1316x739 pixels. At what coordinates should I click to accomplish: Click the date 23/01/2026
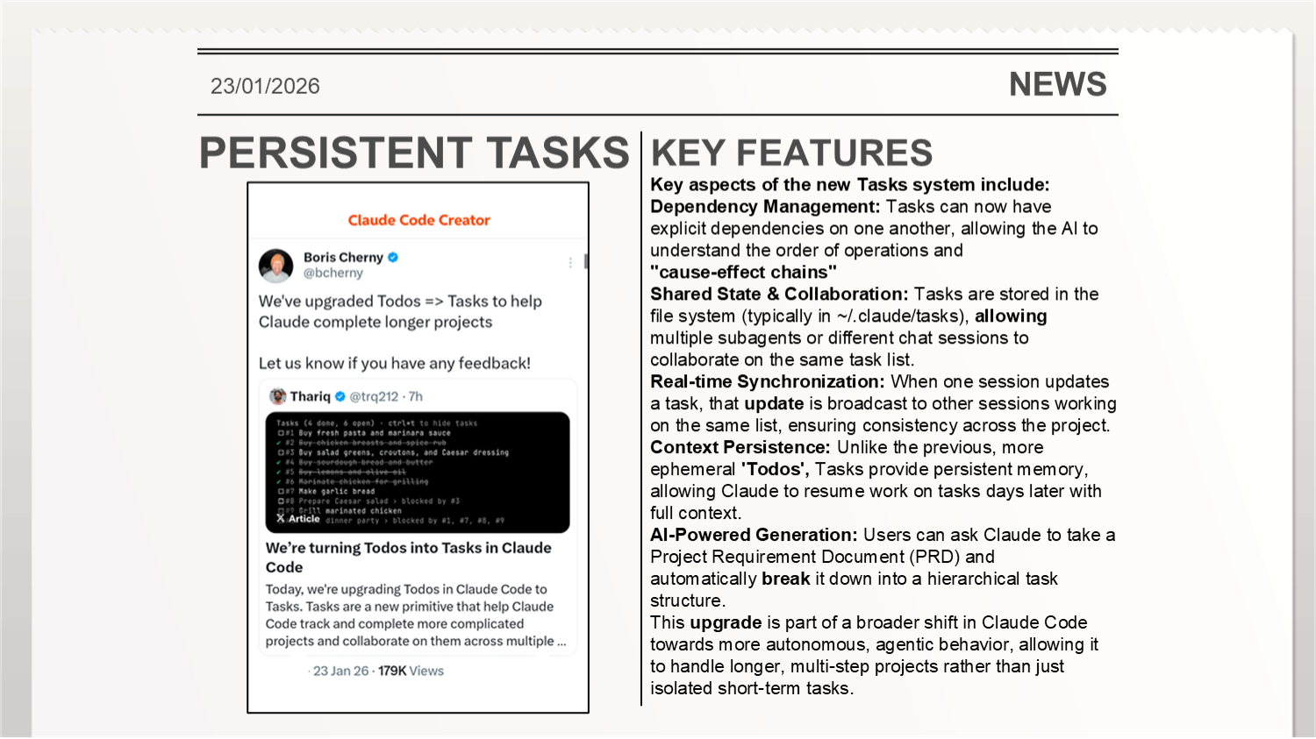point(265,86)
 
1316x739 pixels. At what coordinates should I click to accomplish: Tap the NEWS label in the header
point(1057,84)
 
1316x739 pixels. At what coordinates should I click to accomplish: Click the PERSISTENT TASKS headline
point(414,153)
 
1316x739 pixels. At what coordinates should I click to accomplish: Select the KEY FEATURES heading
point(791,153)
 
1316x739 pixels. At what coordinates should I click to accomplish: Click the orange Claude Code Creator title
point(418,220)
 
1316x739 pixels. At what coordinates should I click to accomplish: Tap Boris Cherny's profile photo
point(276,266)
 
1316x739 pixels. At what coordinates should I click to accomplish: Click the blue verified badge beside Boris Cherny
point(393,257)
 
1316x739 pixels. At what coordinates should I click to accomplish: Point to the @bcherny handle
point(333,273)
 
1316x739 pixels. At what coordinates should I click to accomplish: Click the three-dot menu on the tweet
point(570,262)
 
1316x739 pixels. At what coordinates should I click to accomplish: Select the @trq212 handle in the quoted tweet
point(374,396)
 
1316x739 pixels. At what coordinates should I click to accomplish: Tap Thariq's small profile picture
point(278,396)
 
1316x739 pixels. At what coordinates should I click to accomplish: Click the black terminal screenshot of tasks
point(418,472)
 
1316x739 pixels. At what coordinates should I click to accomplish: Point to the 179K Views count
point(411,671)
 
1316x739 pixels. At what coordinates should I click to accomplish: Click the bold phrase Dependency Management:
point(764,207)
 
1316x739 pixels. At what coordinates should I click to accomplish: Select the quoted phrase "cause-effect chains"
point(743,273)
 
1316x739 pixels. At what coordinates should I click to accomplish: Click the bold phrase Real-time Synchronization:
point(767,382)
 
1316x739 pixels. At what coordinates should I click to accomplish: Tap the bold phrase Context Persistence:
point(740,448)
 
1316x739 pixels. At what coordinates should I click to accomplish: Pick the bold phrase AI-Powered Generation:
point(753,536)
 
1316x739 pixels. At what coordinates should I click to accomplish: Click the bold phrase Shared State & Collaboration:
point(778,295)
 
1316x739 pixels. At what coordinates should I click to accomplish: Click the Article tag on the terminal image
point(299,519)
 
